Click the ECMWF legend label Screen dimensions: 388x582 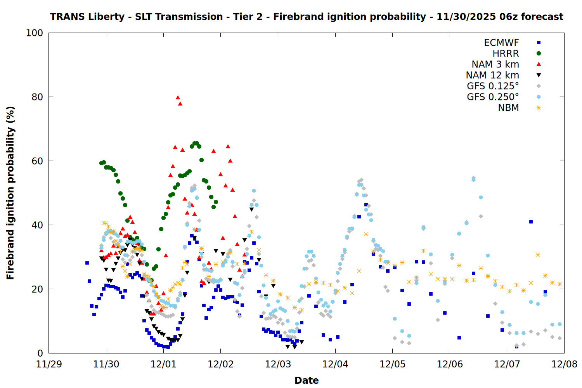[x=501, y=43]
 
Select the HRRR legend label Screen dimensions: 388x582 [x=506, y=54]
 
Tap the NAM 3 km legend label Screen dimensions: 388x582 [x=495, y=64]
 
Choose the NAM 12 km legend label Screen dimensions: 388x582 [x=492, y=75]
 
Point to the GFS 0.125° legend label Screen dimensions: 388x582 [x=493, y=86]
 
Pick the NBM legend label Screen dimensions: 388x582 [x=508, y=108]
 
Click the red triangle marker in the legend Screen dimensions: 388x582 [x=539, y=64]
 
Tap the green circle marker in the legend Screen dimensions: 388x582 [x=539, y=54]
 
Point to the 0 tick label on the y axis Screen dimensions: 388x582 [x=40, y=353]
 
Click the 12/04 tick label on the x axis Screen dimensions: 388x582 [x=335, y=365]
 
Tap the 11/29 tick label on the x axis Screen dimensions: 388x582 [x=49, y=365]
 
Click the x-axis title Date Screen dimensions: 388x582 [x=307, y=380]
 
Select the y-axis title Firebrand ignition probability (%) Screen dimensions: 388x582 [x=10, y=193]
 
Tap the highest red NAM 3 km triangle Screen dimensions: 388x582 [x=178, y=97]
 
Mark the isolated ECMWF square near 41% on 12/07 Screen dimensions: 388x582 [x=531, y=222]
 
